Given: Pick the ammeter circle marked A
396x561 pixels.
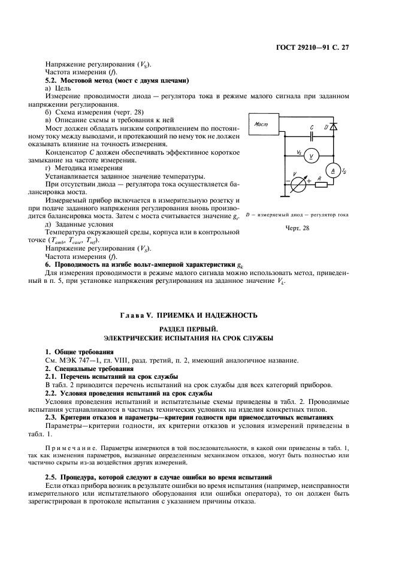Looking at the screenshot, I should tap(333, 171).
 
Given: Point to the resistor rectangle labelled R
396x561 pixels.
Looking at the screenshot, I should tap(320, 183).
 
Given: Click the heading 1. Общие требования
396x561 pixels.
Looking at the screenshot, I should tap(80, 351).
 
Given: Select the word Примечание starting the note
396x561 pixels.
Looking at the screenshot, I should tap(67, 448).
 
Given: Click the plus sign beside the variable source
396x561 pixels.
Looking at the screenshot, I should tap(309, 180).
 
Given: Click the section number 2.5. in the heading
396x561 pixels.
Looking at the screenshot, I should tap(53, 476).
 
